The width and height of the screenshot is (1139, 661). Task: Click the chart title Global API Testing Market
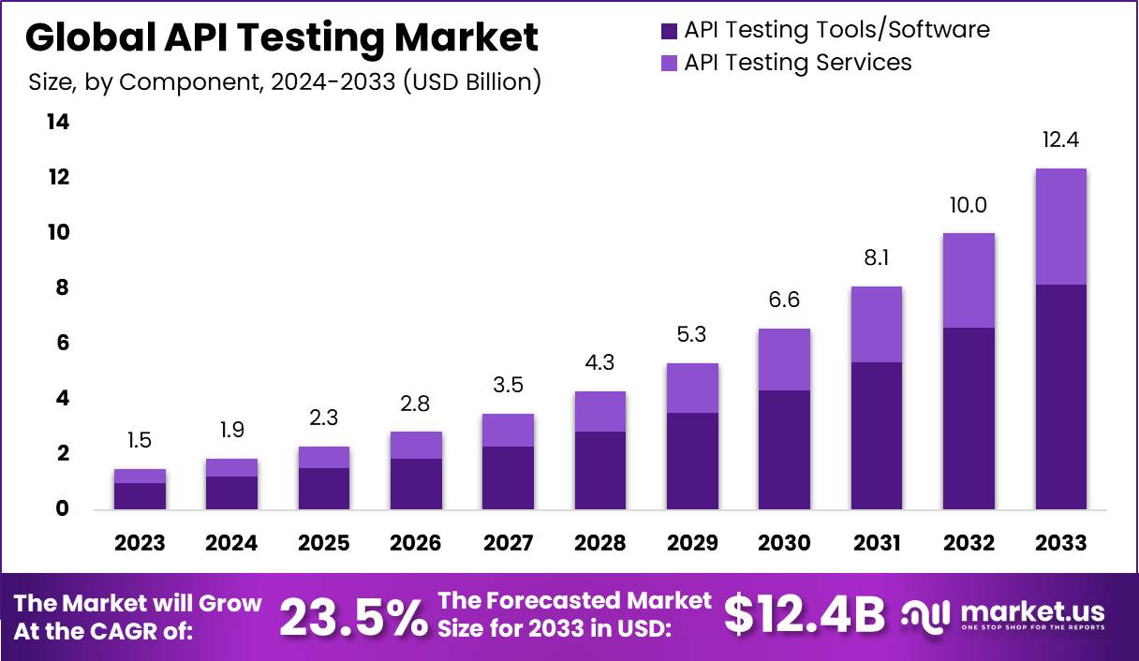281,37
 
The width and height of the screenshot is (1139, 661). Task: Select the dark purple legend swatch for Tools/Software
669,31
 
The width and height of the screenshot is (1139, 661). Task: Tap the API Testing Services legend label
797,63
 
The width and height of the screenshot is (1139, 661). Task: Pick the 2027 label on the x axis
508,543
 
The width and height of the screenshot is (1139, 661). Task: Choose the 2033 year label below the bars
1061,543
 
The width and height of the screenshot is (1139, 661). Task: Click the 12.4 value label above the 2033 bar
1061,141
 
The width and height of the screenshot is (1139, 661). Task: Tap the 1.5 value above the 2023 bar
140,441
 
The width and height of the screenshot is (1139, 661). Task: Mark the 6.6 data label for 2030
784,301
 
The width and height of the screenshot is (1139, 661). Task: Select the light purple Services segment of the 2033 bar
1061,227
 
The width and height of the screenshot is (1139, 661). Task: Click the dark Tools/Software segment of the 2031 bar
876,435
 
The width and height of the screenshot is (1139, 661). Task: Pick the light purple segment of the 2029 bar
692,388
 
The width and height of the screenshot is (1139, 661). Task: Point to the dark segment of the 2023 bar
140,496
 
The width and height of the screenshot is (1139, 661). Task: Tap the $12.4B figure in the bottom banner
805,616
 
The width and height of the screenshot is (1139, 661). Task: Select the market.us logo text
1030,611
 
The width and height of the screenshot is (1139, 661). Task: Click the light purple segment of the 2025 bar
324,457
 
